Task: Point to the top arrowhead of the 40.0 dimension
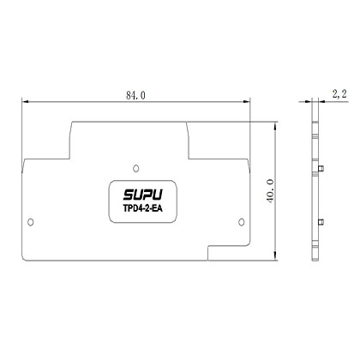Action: [273, 123]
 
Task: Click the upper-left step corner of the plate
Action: [71, 121]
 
